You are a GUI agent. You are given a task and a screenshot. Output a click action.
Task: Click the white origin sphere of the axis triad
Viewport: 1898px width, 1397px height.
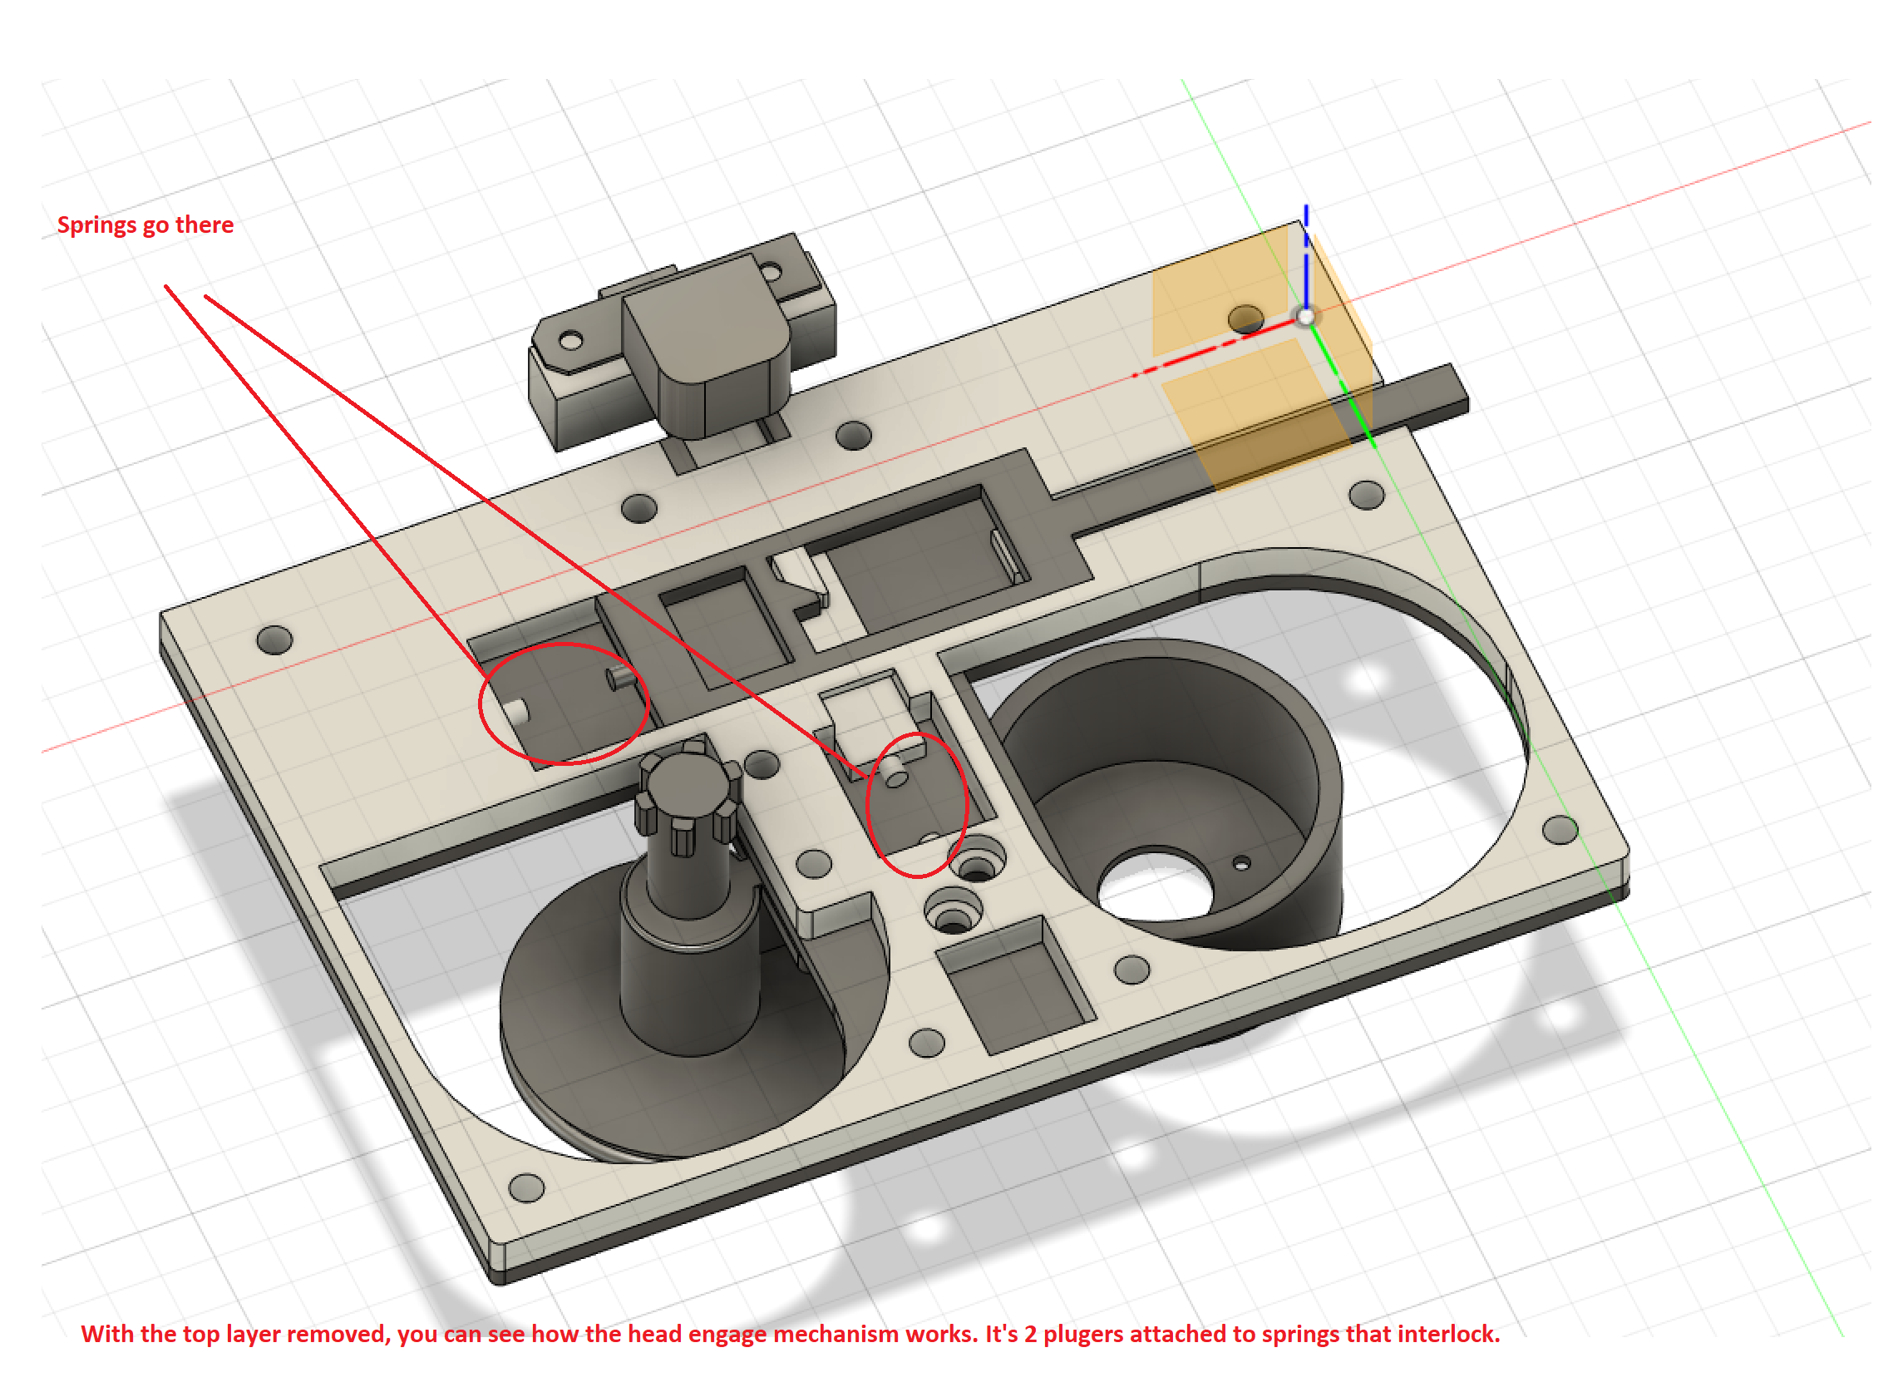1306,317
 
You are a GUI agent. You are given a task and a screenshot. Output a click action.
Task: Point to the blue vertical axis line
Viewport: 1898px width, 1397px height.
1306,262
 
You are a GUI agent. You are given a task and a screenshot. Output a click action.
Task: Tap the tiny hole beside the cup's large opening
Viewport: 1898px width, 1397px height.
1242,864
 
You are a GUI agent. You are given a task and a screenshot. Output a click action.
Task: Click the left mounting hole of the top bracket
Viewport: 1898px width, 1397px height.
570,342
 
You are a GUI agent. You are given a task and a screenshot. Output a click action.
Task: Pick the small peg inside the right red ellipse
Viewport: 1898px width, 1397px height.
895,771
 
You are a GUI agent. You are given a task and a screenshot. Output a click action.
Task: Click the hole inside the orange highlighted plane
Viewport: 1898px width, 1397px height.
1245,318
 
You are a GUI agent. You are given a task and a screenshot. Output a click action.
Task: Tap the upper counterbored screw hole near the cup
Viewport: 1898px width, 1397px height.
978,864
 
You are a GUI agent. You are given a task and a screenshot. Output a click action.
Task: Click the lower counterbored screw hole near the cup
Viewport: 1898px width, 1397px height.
953,915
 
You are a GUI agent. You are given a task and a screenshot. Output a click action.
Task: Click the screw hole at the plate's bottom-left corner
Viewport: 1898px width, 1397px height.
527,1188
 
